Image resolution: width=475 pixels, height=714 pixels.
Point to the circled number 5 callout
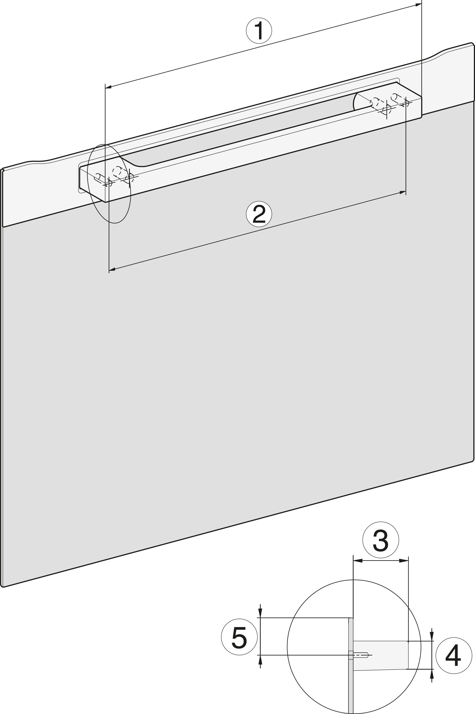239,645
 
